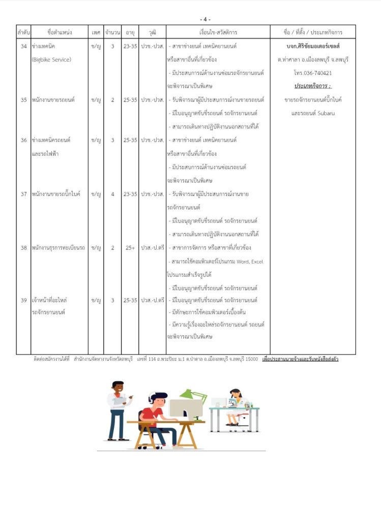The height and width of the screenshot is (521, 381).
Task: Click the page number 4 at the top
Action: [x=206, y=19]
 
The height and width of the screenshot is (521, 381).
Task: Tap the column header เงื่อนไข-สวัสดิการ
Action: [x=218, y=33]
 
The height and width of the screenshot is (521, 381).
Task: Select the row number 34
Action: [x=23, y=46]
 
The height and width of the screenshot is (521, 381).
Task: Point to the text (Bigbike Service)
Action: [x=51, y=60]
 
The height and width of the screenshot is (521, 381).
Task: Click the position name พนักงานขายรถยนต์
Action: [x=53, y=100]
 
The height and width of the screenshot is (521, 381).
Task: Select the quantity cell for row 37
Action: [x=112, y=194]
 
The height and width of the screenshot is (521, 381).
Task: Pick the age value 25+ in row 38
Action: [x=130, y=248]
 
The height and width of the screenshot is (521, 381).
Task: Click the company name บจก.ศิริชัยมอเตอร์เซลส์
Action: [x=313, y=46]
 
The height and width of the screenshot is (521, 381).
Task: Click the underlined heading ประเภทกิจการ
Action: [x=312, y=86]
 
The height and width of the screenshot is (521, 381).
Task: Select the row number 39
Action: [x=23, y=301]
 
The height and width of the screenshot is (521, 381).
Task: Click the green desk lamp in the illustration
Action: [x=193, y=394]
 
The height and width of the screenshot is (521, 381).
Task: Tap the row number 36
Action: [x=23, y=140]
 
